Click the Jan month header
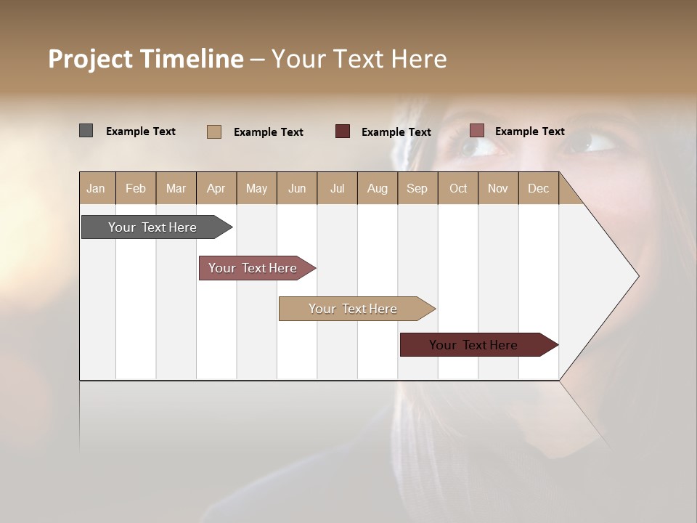(97, 188)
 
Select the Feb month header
(136, 188)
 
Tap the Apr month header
(216, 188)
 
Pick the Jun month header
(297, 188)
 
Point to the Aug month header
(378, 188)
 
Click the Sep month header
(417, 188)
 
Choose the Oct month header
(458, 188)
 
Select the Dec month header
(539, 188)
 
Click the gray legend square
(86, 131)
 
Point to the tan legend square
(213, 131)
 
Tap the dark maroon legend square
(343, 131)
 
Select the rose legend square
(476, 131)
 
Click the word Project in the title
(90, 59)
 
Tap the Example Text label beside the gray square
(141, 131)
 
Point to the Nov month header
(498, 188)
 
